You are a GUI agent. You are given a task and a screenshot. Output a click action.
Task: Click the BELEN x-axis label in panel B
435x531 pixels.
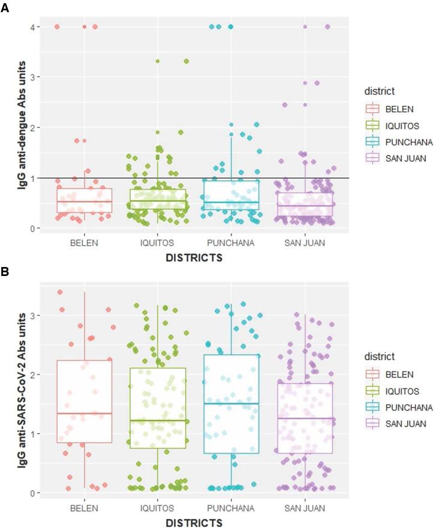[85, 508]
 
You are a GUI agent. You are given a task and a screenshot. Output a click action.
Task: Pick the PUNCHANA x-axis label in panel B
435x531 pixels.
[232, 508]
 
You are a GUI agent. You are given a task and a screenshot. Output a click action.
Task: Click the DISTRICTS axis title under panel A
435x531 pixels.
[194, 258]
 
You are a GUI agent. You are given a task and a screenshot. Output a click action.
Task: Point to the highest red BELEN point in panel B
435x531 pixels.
[60, 292]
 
